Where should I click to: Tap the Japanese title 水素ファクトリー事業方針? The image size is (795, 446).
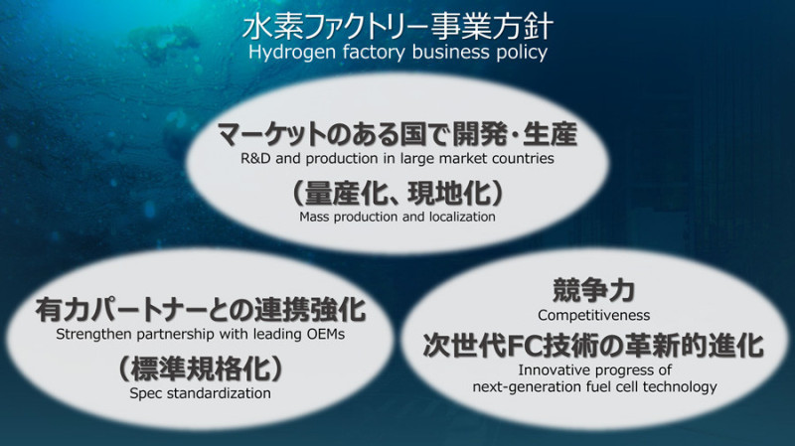[397, 27]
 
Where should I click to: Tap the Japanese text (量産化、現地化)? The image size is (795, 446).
[398, 193]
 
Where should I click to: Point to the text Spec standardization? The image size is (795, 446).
[201, 393]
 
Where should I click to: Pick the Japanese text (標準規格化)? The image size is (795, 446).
[201, 369]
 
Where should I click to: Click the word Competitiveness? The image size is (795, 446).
[593, 315]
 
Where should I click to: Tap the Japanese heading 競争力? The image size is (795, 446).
[593, 290]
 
